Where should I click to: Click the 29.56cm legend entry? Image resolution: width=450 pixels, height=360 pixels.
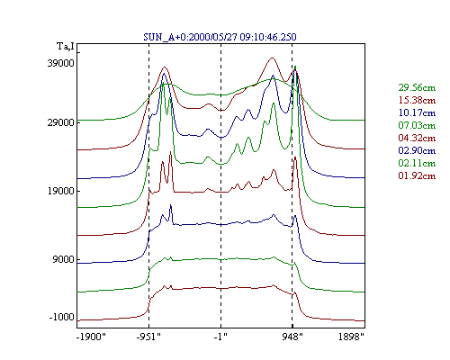417,87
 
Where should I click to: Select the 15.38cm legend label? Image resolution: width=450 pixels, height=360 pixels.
417,100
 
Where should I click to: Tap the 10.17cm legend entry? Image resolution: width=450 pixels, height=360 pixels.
417,112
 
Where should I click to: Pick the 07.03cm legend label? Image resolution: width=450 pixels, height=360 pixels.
417,125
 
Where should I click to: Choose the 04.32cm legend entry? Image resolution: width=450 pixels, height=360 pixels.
417,138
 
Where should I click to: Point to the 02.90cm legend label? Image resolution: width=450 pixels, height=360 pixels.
417,150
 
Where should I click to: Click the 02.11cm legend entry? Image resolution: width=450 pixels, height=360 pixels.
417,163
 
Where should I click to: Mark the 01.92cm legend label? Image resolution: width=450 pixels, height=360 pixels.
417,175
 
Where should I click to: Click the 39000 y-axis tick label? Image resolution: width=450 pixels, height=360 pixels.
60,63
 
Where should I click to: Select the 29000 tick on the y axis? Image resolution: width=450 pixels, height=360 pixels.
60,122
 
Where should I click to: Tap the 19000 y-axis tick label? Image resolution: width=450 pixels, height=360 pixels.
60,191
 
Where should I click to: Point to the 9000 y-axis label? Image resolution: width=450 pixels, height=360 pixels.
63,259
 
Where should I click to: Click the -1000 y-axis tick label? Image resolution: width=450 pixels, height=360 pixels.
61,317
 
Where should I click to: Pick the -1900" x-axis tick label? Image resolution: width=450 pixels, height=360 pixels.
91,337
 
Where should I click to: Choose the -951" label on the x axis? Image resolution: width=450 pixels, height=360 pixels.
148,337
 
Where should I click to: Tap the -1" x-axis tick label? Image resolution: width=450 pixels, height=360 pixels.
220,337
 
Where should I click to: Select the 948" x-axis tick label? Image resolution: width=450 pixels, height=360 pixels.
292,337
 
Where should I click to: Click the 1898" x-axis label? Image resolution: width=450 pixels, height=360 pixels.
351,337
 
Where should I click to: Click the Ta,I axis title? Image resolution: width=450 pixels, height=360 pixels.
66,47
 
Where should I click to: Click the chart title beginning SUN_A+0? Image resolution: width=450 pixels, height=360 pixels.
220,37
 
